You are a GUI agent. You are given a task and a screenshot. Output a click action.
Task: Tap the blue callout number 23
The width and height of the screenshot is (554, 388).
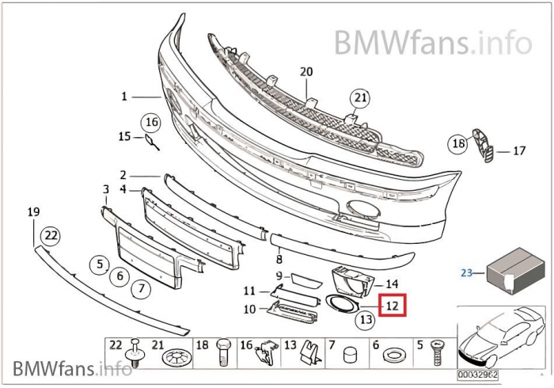tap(466, 272)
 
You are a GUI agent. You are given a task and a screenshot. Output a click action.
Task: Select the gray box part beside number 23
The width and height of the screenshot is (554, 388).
tap(515, 268)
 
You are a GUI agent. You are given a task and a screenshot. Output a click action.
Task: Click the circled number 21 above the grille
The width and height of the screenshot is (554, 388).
tap(361, 98)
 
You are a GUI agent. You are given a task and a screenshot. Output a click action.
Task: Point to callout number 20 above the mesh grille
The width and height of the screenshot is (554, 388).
tap(306, 72)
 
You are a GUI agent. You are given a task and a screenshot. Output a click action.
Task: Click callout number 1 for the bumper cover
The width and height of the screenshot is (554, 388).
tap(124, 97)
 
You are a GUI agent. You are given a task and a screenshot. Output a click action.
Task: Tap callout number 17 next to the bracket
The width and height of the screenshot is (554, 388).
tap(519, 150)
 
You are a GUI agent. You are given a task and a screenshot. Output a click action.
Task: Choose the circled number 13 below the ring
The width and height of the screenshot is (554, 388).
tap(364, 320)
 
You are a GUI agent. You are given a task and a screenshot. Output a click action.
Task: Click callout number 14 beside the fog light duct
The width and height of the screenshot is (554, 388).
tap(391, 283)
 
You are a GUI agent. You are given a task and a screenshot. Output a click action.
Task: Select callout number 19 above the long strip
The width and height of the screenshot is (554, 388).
tap(33, 212)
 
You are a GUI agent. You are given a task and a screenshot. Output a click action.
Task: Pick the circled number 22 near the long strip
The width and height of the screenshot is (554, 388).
tap(50, 235)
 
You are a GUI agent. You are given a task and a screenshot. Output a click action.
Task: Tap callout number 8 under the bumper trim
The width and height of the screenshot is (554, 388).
tap(279, 258)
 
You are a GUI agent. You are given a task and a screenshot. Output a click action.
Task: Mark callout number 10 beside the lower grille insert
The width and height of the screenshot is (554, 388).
tap(250, 309)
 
